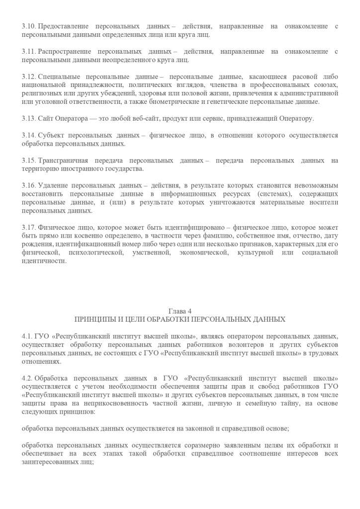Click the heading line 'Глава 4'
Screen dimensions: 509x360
180,311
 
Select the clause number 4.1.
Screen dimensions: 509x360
27,337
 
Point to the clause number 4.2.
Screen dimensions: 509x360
27,378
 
